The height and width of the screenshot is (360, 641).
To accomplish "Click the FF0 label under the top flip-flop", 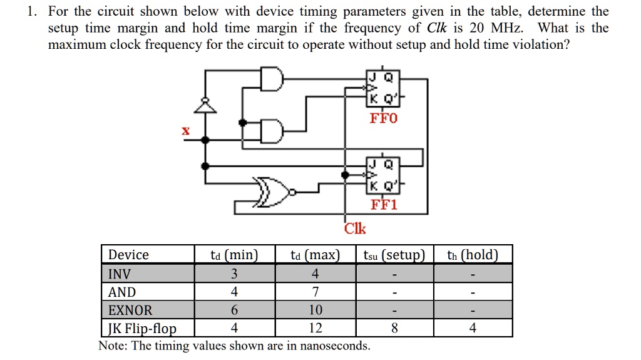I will tap(384, 118).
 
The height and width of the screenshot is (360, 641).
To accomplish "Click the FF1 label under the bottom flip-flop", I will tap(384, 204).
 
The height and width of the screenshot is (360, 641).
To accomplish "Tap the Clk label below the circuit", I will tap(355, 229).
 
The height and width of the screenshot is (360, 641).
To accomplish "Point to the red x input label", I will tap(185, 131).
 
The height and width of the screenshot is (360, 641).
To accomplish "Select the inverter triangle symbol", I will tap(203, 106).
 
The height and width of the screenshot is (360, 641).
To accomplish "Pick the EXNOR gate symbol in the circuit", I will tap(273, 191).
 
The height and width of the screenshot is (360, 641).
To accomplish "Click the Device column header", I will tap(128, 255).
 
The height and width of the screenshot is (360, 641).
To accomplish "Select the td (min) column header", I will tap(234, 255).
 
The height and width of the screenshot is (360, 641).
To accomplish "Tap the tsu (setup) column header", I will tap(394, 255).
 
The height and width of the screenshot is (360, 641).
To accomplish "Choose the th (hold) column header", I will tap(472, 255).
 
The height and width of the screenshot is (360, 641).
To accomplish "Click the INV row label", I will tap(120, 274).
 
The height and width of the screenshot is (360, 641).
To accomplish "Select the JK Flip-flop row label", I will tap(142, 329).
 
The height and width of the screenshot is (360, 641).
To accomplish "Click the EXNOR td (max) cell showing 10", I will tap(315, 311).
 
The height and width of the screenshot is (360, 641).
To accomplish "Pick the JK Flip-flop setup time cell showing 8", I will tap(394, 329).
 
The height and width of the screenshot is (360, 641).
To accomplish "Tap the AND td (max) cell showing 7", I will tap(315, 292).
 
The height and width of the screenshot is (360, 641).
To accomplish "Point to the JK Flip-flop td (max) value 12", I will tap(315, 329).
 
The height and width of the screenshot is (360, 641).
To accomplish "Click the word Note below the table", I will tap(112, 346).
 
